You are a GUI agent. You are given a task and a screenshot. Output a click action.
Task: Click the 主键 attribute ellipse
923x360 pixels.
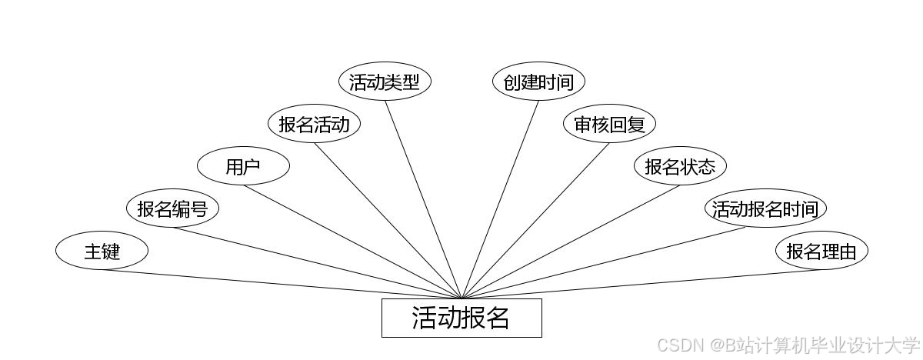click(102, 251)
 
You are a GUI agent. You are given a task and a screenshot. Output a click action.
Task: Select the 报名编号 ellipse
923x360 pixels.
click(172, 208)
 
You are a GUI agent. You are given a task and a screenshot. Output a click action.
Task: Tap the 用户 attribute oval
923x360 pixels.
click(243, 167)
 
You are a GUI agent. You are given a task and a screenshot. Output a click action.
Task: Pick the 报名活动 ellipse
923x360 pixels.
click(314, 125)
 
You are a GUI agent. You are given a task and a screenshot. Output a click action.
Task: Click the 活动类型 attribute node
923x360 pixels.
click(385, 82)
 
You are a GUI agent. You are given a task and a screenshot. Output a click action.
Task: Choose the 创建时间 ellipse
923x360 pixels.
click(538, 82)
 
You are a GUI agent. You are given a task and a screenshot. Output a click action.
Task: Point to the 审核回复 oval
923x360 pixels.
click(609, 125)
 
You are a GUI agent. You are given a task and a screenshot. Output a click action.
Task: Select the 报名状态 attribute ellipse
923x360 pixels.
click(680, 167)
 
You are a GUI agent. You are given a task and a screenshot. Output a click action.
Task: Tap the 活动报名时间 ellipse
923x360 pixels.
click(765, 208)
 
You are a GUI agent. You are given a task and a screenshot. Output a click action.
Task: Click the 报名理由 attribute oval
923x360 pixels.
click(821, 251)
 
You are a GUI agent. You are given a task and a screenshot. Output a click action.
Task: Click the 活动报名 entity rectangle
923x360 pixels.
click(461, 318)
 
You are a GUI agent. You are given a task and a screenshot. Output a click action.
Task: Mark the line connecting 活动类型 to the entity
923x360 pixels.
click(423, 199)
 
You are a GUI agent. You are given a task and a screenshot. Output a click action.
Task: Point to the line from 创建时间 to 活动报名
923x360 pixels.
click(500, 199)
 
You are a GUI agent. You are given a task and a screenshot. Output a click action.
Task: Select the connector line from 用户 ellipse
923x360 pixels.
click(352, 242)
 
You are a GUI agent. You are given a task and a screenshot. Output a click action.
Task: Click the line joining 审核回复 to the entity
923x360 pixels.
click(535, 221)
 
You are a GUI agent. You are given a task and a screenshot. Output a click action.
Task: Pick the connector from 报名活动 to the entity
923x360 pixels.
click(388, 221)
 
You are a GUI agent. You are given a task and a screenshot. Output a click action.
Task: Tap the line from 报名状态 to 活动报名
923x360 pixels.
click(571, 242)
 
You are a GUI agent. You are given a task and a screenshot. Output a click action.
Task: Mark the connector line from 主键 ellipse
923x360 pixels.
click(282, 284)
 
